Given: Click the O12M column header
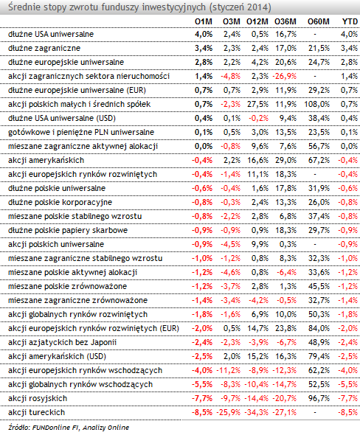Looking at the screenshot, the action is point(257,21).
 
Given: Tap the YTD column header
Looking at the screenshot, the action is point(350,21).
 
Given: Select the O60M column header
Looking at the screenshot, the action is point(319,21).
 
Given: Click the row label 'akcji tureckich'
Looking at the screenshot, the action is point(36,412).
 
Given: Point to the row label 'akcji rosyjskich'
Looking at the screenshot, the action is point(38,398).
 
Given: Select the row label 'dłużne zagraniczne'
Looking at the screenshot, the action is point(44,48).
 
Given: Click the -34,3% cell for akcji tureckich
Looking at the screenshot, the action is point(256,412).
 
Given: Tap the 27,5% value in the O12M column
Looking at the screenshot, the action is point(257,104).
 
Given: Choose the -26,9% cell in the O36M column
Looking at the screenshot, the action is point(285,76).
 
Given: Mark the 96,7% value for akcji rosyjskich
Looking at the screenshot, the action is point(319,398).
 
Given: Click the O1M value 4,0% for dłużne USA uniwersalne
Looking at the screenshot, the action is point(204,34).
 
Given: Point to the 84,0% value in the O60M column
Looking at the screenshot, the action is point(319,328).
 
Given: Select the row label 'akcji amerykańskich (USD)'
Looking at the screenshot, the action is point(58,356).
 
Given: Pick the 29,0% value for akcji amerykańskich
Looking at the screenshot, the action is point(286,160).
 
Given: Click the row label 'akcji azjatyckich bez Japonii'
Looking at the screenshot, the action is point(62,342).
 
